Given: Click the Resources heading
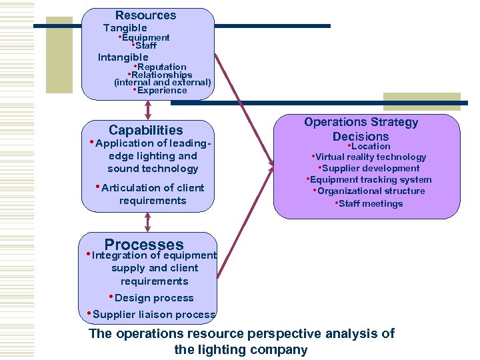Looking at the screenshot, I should pyautogui.click(x=145, y=15).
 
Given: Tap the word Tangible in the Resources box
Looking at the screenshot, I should pyautogui.click(x=125, y=28).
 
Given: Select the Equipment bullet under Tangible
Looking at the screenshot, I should pyautogui.click(x=145, y=38).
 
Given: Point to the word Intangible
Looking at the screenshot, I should pyautogui.click(x=123, y=57).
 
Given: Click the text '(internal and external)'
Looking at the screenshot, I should pyautogui.click(x=163, y=83).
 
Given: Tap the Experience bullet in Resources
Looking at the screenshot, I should pyautogui.click(x=161, y=91).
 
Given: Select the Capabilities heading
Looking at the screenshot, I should pyautogui.click(x=145, y=130).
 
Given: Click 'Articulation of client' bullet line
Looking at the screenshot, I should pyautogui.click(x=153, y=188).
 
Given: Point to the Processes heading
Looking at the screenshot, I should pyautogui.click(x=143, y=245).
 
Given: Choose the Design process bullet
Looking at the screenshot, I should pyautogui.click(x=153, y=298).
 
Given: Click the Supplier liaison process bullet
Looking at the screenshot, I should pyautogui.click(x=154, y=315).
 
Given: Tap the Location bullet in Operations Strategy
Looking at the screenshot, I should pyautogui.click(x=370, y=146).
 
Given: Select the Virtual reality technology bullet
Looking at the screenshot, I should pyautogui.click(x=370, y=157).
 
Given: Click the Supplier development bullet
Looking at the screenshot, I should pyautogui.click(x=370, y=168).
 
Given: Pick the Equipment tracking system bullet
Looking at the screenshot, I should pyautogui.click(x=370, y=179).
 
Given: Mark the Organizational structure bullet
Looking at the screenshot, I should pyautogui.click(x=370, y=191).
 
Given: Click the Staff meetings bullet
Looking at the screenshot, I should pyautogui.click(x=370, y=203).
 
